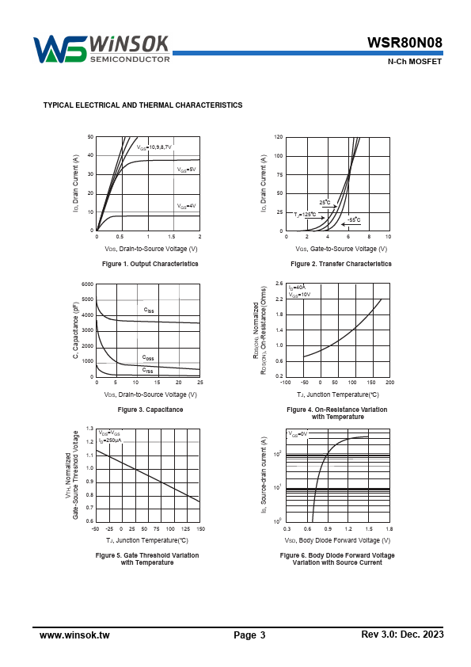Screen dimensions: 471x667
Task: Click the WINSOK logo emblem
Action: [60, 49]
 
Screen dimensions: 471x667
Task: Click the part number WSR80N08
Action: [405, 43]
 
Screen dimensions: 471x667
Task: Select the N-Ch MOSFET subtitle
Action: [415, 62]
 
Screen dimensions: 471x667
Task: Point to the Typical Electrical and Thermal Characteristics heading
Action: [142, 105]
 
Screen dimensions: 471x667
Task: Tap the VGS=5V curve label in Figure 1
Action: [187, 170]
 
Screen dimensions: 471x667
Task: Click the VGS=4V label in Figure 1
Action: [187, 206]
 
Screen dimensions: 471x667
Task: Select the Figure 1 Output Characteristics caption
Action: [150, 264]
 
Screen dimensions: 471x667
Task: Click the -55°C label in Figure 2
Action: [354, 220]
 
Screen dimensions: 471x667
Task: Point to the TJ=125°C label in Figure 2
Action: [305, 215]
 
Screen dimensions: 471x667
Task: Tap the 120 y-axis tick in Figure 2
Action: [279, 137]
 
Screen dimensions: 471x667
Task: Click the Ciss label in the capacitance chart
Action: [149, 310]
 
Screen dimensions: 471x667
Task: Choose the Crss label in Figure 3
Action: [147, 371]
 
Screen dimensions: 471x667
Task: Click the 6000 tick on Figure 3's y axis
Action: [88, 284]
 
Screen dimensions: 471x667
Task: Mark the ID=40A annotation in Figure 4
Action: [297, 288]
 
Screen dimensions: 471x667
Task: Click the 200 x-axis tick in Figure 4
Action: [389, 383]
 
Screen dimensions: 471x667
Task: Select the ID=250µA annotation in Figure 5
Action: [110, 440]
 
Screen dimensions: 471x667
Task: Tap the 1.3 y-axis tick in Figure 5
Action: [89, 429]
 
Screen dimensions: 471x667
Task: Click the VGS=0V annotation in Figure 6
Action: [298, 434]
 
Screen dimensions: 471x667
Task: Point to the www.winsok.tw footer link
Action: [74, 635]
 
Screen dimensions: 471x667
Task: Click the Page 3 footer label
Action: [249, 635]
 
